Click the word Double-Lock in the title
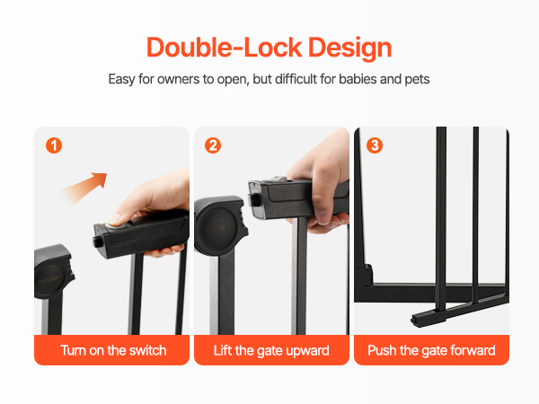coord(225,47)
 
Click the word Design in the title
coord(350,48)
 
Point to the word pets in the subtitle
coord(417,79)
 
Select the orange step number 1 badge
coord(54,145)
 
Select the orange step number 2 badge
coord(213,145)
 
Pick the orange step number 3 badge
coord(375,145)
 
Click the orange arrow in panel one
coord(84,189)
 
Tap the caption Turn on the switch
coord(113,350)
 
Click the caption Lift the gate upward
coord(271,350)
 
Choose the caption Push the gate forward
coord(431,350)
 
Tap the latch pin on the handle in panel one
coord(97,241)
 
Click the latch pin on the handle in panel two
coord(253,200)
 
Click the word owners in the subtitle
coord(179,79)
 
